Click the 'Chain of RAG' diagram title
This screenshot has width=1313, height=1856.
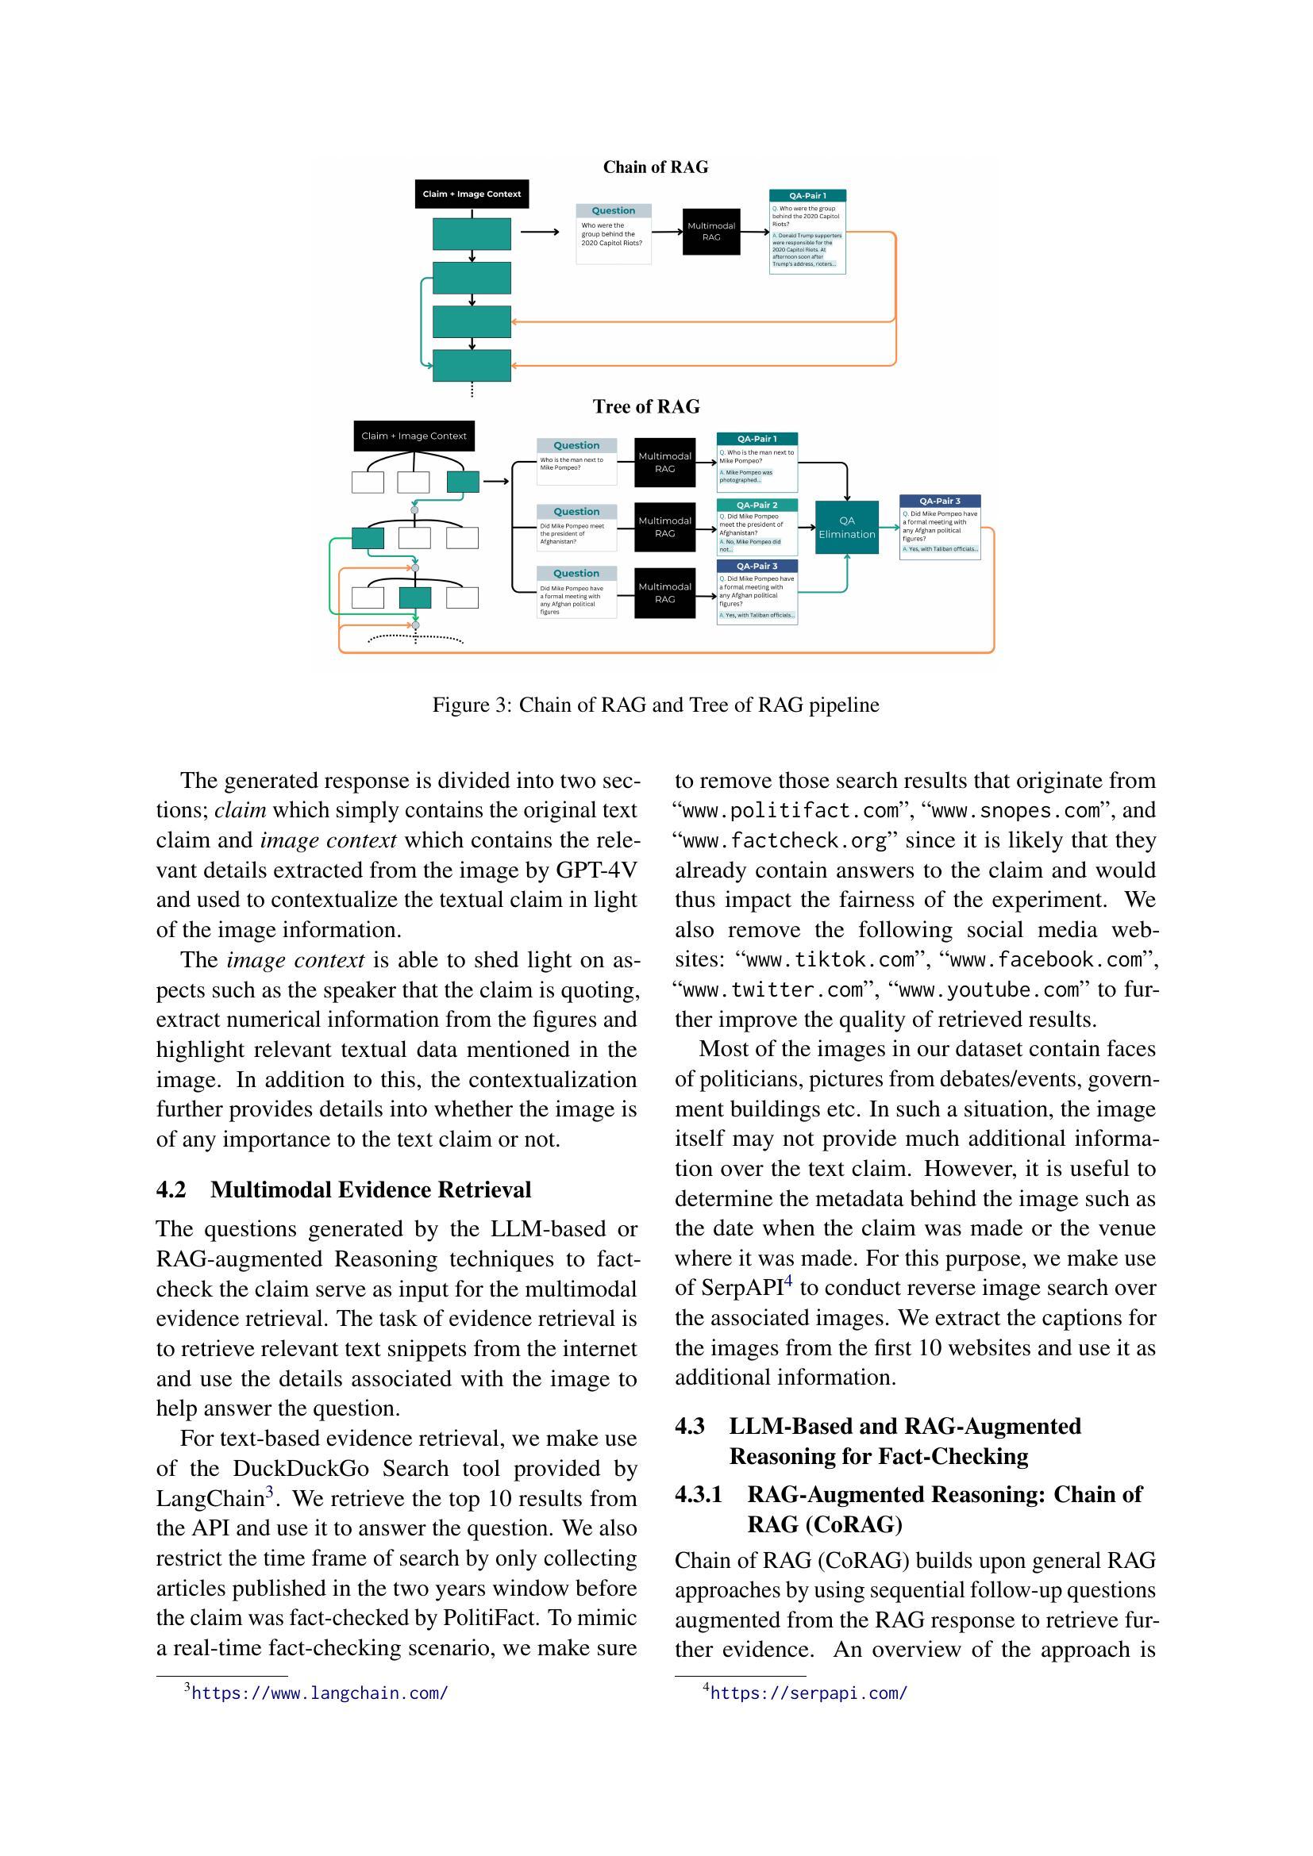[655, 167]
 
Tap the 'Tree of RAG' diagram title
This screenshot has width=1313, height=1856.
[646, 406]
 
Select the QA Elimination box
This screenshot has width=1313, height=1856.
[845, 527]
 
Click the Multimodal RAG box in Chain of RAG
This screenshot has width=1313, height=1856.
[710, 231]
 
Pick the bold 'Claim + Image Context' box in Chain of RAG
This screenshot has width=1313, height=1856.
[472, 194]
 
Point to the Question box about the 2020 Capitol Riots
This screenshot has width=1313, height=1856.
[613, 232]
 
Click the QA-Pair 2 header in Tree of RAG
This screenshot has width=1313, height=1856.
[757, 505]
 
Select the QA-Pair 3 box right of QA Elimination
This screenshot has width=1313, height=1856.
[939, 527]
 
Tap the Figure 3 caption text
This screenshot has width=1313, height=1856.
[655, 705]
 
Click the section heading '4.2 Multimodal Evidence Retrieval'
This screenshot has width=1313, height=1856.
[344, 1190]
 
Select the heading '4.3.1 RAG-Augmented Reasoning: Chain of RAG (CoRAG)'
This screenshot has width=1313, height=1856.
[909, 1509]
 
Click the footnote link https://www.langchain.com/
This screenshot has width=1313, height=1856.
[319, 1693]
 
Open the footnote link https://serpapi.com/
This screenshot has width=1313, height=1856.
[808, 1693]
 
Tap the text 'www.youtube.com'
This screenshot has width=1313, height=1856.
[988, 989]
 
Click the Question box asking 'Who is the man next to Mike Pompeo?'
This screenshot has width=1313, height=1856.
[576, 462]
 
